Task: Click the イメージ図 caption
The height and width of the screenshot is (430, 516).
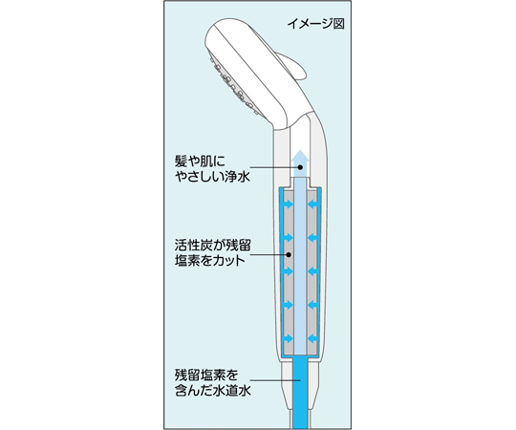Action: [x=315, y=24]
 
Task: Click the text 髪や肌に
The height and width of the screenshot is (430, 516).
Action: [x=200, y=161]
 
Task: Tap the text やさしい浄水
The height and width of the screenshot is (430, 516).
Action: [x=212, y=177]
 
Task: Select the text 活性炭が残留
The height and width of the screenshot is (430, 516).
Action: [x=212, y=246]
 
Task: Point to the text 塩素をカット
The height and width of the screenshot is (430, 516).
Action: [x=210, y=261]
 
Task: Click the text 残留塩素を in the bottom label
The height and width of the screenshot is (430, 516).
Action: [x=206, y=375]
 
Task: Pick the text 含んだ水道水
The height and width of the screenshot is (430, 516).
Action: [x=212, y=390]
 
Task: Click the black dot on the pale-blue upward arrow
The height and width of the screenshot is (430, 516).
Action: [x=300, y=167]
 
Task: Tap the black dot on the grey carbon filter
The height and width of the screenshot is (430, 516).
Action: [x=289, y=254]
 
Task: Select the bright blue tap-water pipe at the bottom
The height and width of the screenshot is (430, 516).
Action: [x=300, y=392]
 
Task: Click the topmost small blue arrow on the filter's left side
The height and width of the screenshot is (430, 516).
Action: [x=288, y=204]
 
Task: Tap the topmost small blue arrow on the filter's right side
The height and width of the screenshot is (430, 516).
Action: [x=312, y=204]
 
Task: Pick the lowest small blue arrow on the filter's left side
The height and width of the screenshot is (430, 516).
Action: [x=288, y=338]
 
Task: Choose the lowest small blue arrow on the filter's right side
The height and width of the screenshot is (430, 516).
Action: [x=312, y=338]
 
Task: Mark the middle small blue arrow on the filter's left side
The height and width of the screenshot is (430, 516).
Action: [x=288, y=271]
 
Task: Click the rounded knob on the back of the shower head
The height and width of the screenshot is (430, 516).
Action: [x=293, y=67]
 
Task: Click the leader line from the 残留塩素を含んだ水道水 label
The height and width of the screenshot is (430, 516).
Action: [x=275, y=380]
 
